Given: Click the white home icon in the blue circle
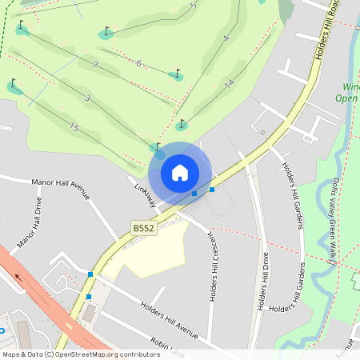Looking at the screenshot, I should click(180, 173).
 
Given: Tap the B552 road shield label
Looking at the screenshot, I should click(143, 229).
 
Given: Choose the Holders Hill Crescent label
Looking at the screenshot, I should click(213, 267).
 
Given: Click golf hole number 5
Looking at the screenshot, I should click(193, 6).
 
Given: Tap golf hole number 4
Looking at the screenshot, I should click(226, 38).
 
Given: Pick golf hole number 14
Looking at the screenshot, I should click(229, 83).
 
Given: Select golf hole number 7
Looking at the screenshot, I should click(95, 65).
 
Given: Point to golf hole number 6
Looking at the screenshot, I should click(138, 63).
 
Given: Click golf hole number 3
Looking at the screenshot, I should click(87, 99).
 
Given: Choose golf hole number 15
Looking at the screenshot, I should click(74, 127).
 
